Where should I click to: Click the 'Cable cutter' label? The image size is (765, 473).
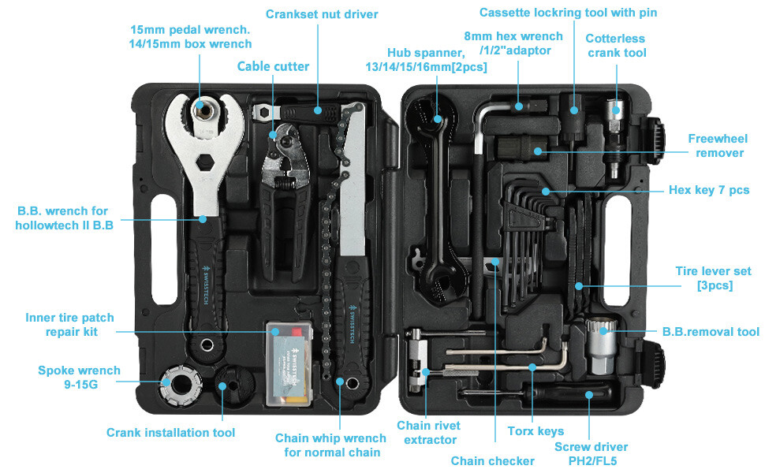273,66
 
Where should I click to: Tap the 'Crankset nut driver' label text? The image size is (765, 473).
322,14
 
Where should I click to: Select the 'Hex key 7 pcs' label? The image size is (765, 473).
708,190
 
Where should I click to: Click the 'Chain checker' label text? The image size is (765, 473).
492,460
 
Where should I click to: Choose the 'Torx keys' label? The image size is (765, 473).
536,430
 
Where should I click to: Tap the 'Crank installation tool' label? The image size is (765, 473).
170,432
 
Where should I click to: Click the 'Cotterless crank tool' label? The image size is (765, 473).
615,45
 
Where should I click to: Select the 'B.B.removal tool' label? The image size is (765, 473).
711,332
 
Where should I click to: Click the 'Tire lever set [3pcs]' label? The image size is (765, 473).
713,277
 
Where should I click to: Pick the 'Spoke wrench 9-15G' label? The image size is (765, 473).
79,378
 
